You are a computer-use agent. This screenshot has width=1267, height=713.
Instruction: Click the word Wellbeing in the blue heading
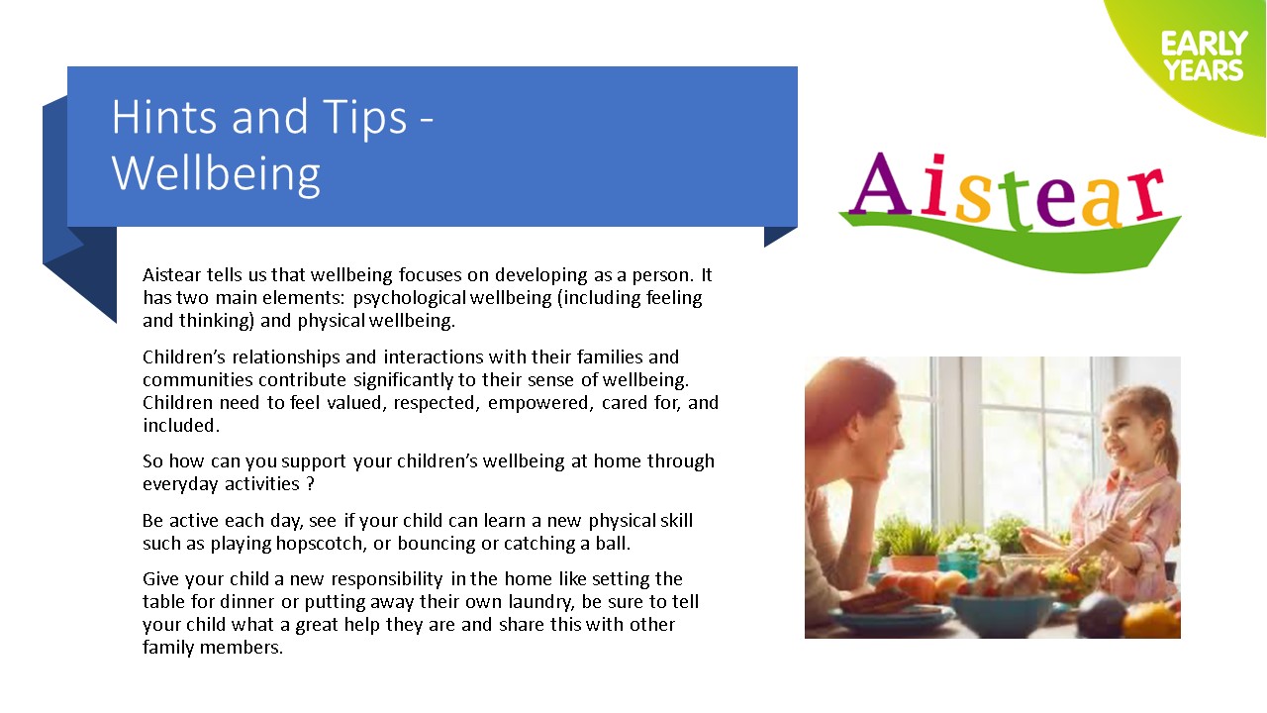[x=216, y=173]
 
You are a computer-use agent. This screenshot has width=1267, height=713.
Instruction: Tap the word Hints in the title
[x=164, y=117]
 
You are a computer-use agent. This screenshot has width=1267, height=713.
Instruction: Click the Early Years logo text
[x=1205, y=56]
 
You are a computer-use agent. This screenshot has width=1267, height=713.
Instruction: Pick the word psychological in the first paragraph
[x=410, y=298]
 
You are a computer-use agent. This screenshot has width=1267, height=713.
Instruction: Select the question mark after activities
[x=310, y=484]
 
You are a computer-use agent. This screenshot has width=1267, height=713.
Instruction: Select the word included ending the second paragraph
[x=180, y=426]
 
